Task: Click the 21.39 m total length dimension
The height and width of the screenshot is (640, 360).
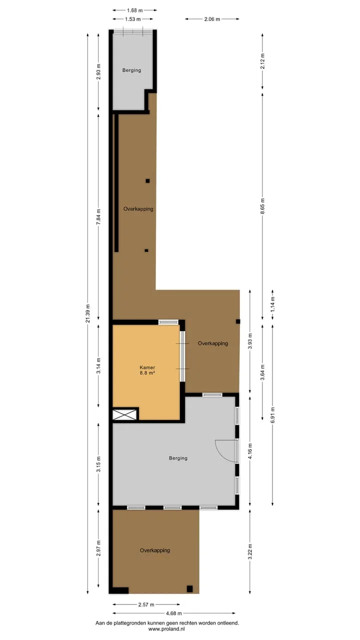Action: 88,313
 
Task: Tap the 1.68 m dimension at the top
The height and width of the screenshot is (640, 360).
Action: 135,10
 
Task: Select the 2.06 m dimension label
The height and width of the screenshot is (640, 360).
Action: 212,19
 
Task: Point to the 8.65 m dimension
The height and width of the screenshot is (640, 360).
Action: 262,205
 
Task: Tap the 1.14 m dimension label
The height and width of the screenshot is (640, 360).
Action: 272,304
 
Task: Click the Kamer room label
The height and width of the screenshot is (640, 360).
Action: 147,367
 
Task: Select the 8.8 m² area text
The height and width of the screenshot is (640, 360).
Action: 147,373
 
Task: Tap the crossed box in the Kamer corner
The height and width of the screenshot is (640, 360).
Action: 124,414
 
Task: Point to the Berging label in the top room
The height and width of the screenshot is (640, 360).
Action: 131,70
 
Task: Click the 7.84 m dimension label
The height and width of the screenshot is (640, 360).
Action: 98,217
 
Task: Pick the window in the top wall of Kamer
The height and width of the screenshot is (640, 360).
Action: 168,322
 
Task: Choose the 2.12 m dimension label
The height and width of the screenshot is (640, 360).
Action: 262,61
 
